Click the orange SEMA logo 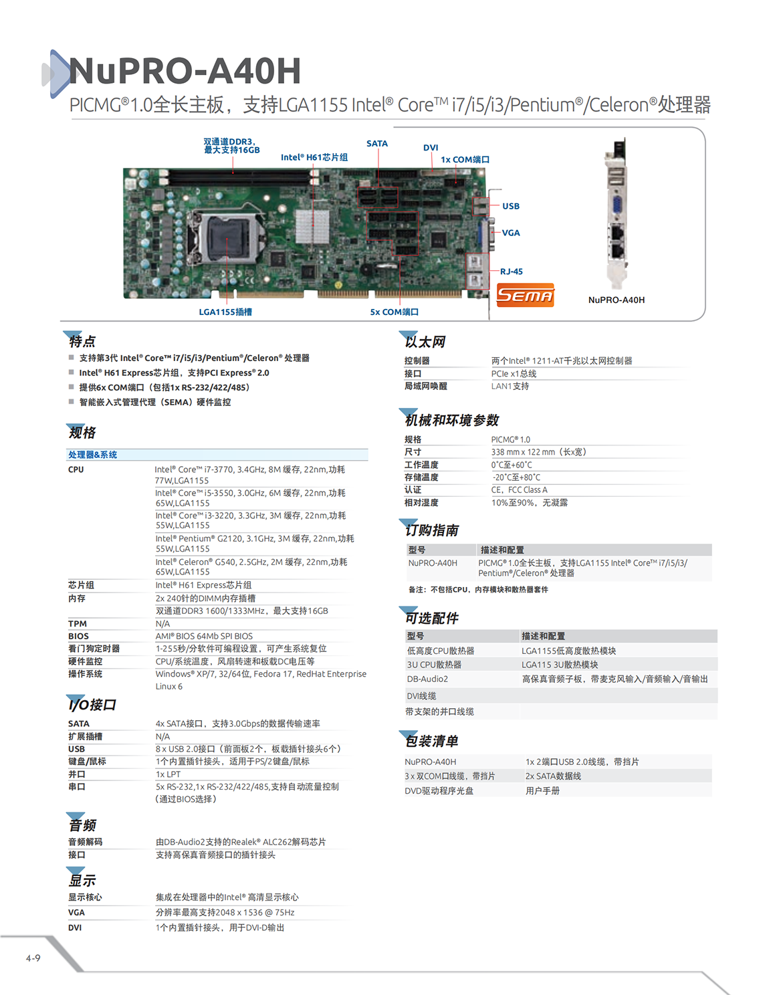coord(526,295)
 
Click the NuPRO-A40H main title coord(185,72)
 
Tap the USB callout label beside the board coord(511,207)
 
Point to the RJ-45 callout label coord(512,271)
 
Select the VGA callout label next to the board coord(511,233)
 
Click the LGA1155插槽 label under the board coord(225,312)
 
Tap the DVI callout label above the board coord(431,148)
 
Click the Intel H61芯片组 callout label coord(314,158)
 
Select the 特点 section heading coord(82,342)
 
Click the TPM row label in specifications coord(78,624)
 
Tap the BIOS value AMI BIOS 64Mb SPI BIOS coord(204,637)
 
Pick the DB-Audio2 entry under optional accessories coord(428,679)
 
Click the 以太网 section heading coord(425,342)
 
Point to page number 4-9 coord(33,958)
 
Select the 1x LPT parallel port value coord(168,774)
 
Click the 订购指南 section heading coord(432,530)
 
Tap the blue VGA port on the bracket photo coord(617,205)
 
